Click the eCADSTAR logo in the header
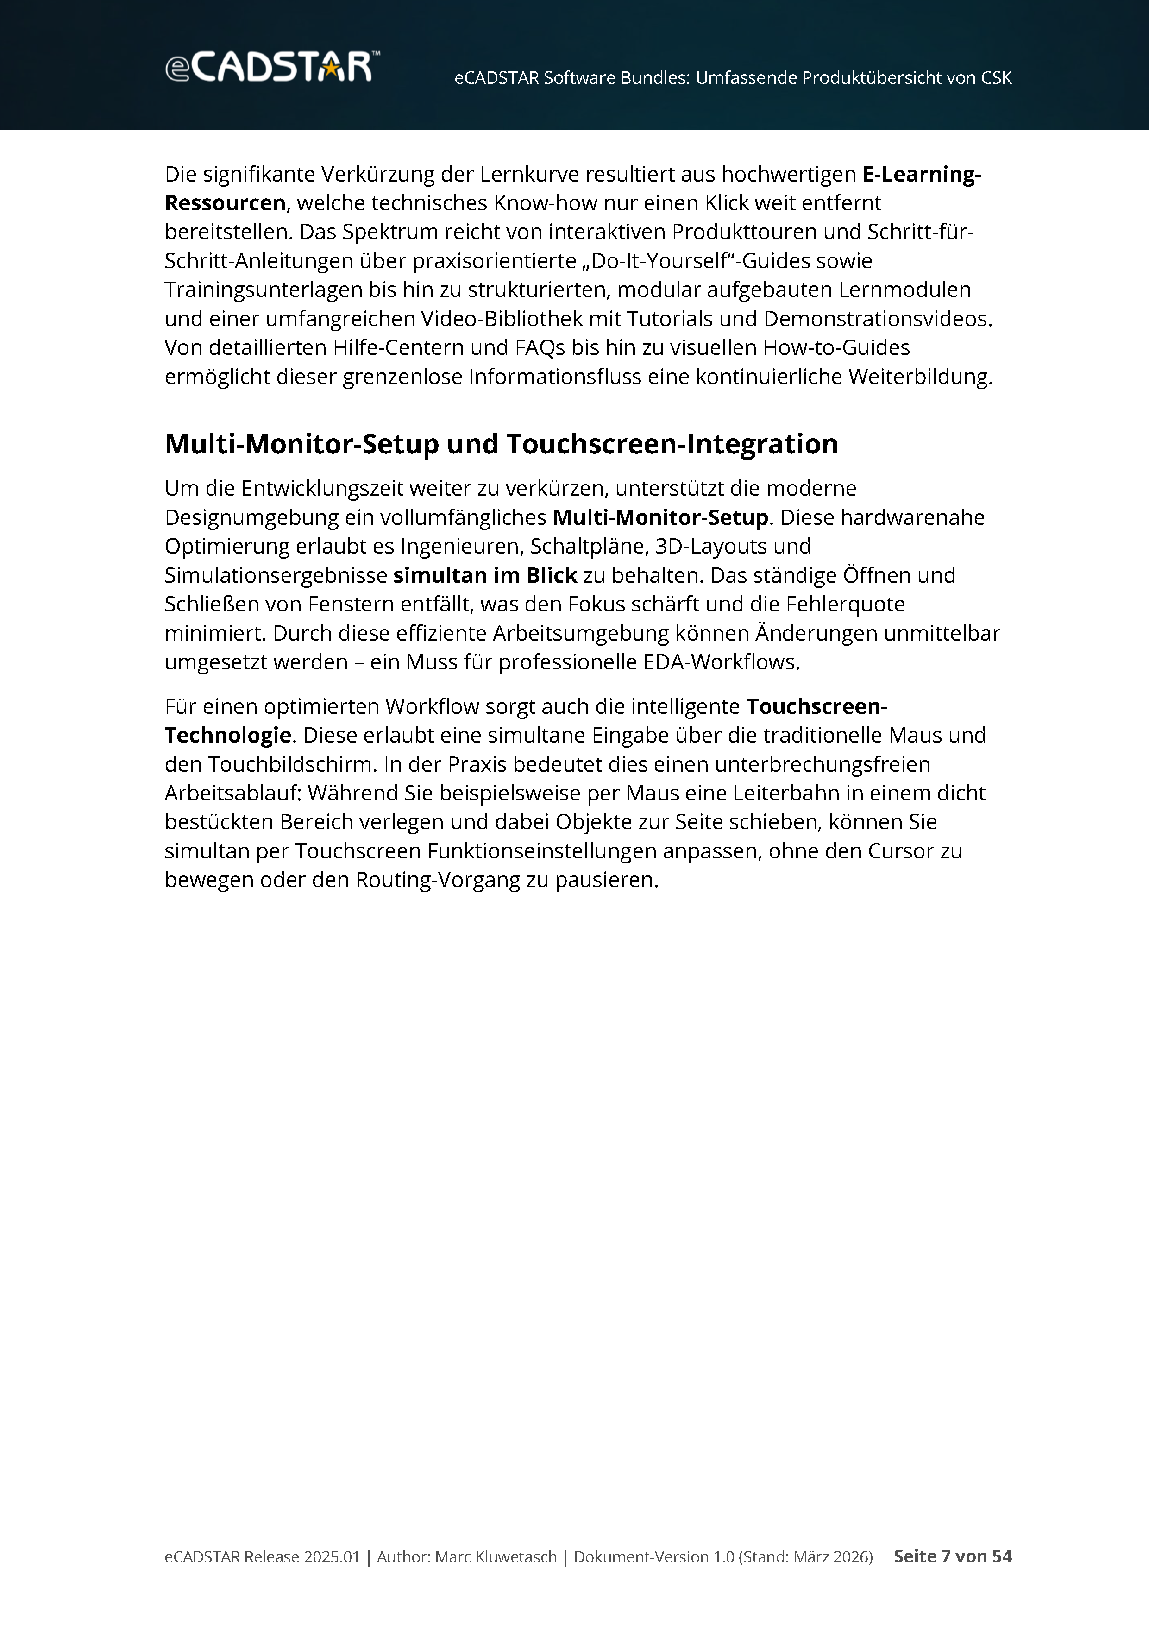[272, 67]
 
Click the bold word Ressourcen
[225, 203]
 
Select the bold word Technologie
[228, 735]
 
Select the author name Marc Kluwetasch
[495, 1556]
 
